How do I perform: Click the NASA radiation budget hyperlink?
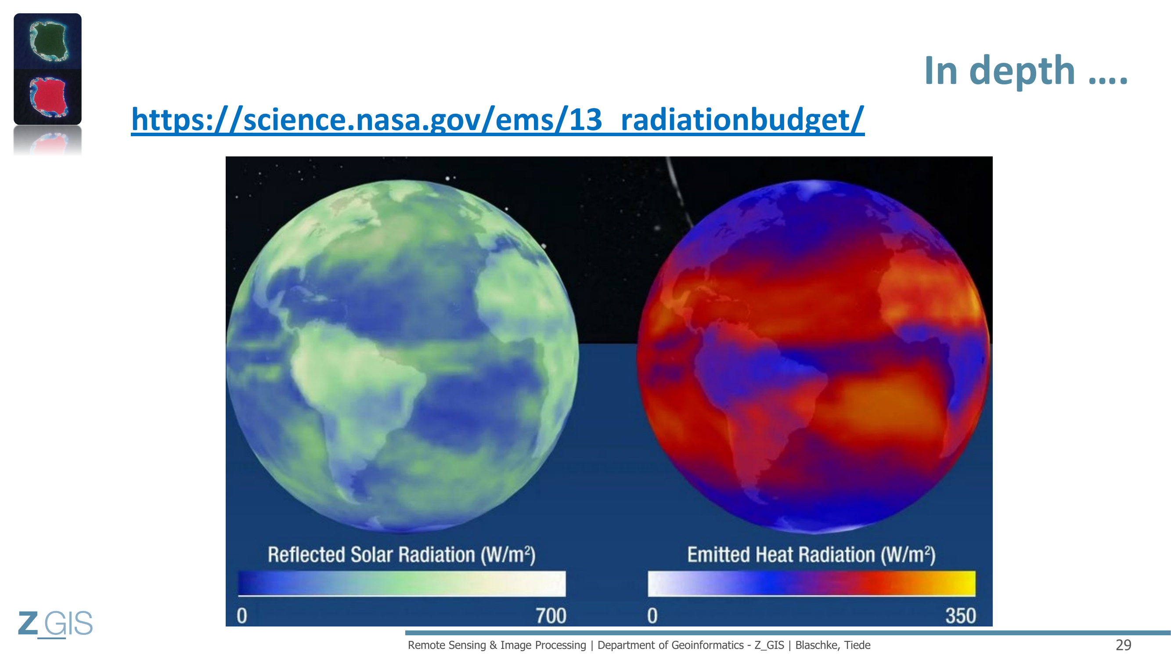[x=498, y=119]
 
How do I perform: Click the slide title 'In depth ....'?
[x=1026, y=70]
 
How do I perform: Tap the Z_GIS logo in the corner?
[x=55, y=623]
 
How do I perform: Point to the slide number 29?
[x=1123, y=645]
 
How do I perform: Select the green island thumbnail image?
[x=48, y=41]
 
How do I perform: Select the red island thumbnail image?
[x=48, y=97]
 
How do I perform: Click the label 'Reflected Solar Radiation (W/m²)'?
[x=401, y=555]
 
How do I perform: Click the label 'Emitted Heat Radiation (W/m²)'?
[x=811, y=555]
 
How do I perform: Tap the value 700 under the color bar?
[x=551, y=616]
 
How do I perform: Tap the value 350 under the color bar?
[x=961, y=616]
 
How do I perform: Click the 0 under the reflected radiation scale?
[x=242, y=616]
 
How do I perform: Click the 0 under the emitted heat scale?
[x=652, y=616]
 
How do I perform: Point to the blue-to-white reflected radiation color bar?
[x=402, y=583]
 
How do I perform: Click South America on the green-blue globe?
[x=359, y=391]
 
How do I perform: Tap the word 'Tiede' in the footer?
[x=858, y=645]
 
